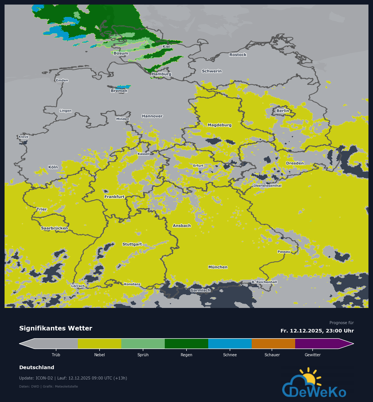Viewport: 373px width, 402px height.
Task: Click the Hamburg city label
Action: point(161,74)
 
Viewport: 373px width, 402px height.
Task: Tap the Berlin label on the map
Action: point(283,111)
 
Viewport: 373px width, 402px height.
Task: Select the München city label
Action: point(218,267)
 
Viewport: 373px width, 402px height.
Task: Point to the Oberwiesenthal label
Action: point(267,186)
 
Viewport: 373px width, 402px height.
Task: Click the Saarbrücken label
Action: point(54,228)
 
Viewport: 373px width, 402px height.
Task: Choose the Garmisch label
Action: point(200,290)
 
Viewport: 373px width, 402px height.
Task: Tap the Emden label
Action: point(62,80)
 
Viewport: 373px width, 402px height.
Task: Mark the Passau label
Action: point(284,252)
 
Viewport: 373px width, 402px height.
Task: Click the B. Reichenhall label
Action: point(264,282)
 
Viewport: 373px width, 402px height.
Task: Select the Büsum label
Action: point(121,53)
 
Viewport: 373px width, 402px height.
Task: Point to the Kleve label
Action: point(24,137)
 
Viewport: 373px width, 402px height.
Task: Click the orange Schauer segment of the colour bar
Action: point(273,344)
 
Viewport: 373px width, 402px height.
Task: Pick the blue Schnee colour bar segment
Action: point(230,344)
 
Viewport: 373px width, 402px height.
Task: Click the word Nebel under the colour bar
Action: point(99,355)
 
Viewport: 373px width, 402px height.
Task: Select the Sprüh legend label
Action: point(143,355)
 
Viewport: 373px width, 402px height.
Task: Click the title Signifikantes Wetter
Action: point(56,328)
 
